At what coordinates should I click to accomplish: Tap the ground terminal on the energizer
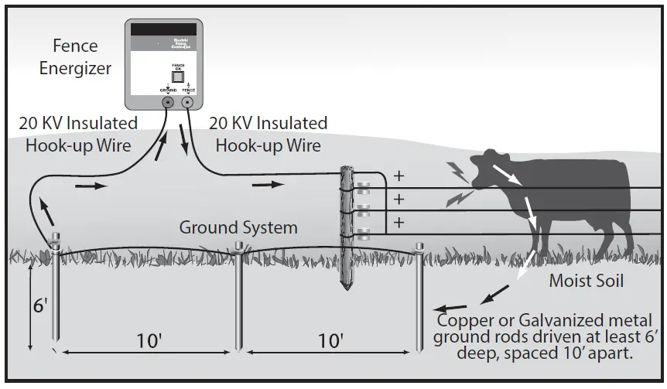pos(168,102)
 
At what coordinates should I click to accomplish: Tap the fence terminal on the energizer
pos(188,102)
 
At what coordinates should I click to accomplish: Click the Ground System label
pos(238,227)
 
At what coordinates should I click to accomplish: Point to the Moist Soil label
pos(586,281)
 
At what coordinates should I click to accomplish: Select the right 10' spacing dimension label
pos(330,340)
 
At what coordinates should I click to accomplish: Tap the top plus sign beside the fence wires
pos(399,176)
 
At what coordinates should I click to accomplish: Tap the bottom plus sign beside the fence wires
pos(399,223)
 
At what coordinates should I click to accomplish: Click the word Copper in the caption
pos(463,320)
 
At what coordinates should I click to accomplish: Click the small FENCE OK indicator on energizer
pos(177,76)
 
